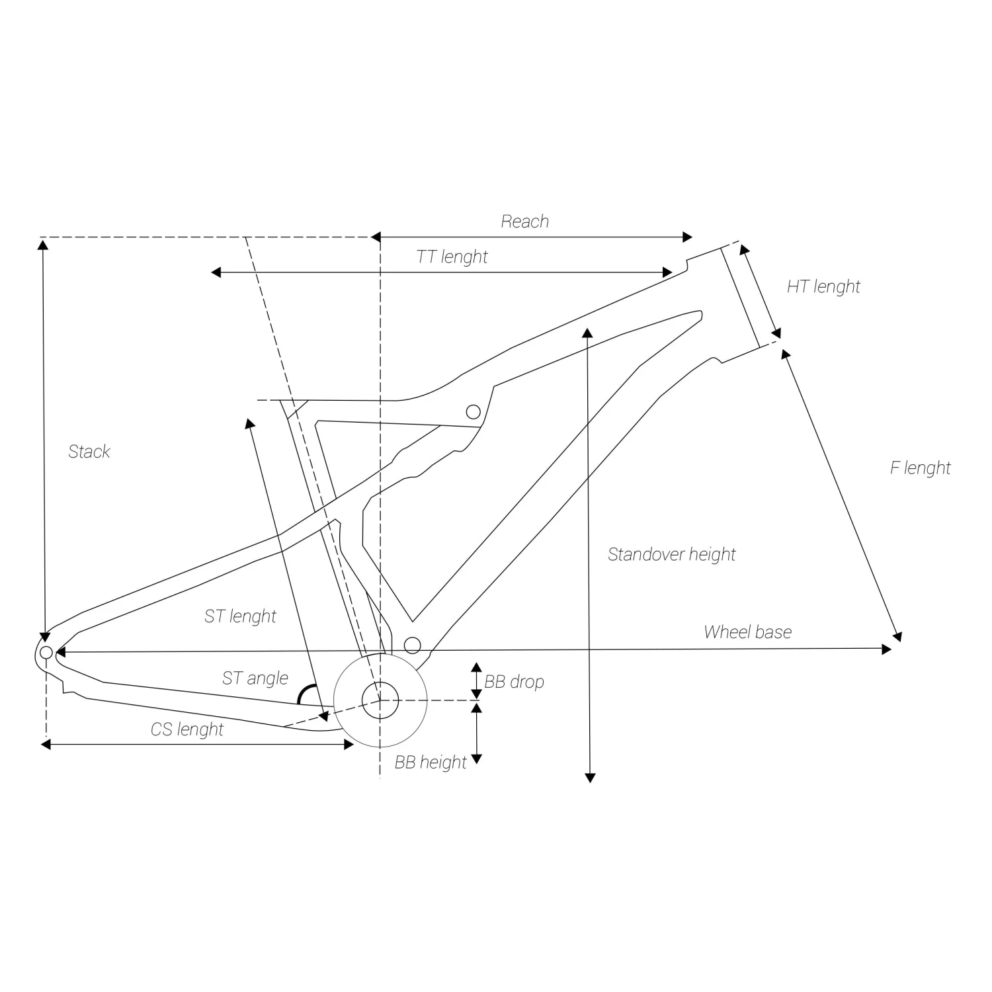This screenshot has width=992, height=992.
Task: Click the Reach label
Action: pyautogui.click(x=524, y=221)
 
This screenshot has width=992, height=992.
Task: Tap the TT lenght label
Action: pyautogui.click(x=452, y=257)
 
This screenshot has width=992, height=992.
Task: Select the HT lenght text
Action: pyautogui.click(x=823, y=286)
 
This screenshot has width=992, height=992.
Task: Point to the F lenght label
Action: pyautogui.click(x=920, y=468)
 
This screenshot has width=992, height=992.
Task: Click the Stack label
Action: pyautogui.click(x=89, y=452)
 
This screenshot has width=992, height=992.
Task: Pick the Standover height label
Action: pyautogui.click(x=671, y=554)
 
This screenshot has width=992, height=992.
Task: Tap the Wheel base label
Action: pyautogui.click(x=747, y=632)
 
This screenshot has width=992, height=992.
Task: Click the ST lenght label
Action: pyautogui.click(x=240, y=616)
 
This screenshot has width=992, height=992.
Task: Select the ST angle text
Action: pyautogui.click(x=255, y=678)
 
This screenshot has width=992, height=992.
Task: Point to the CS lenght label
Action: pyautogui.click(x=187, y=729)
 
